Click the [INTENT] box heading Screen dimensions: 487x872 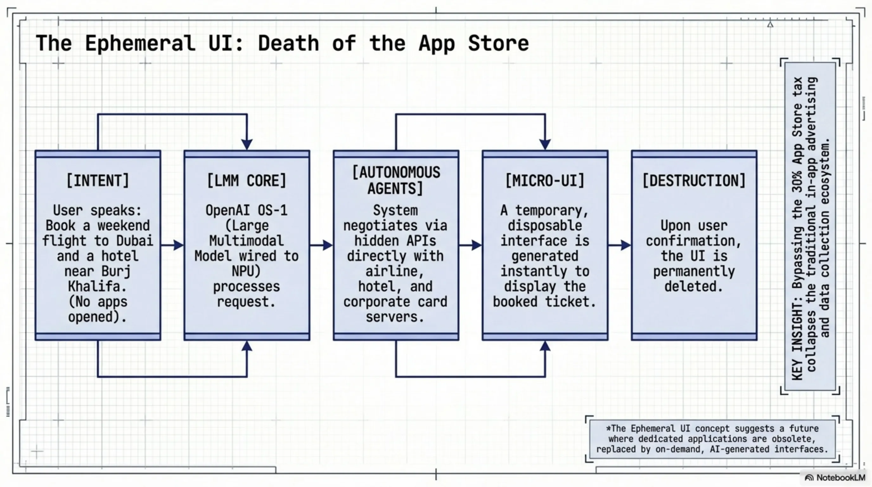click(x=98, y=180)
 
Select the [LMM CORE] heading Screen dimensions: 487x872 click(x=247, y=180)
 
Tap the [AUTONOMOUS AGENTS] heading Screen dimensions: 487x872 click(x=396, y=180)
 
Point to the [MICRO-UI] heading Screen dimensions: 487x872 click(x=545, y=180)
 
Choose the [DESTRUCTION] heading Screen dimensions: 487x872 click(x=694, y=180)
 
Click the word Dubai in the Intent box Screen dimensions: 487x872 click(x=134, y=241)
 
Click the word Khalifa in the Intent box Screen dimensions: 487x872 click(x=97, y=287)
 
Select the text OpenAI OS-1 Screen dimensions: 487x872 click(x=247, y=211)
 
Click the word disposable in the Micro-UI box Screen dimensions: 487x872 click(x=545, y=225)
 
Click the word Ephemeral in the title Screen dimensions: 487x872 click(x=140, y=44)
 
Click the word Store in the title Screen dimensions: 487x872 click(x=498, y=44)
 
